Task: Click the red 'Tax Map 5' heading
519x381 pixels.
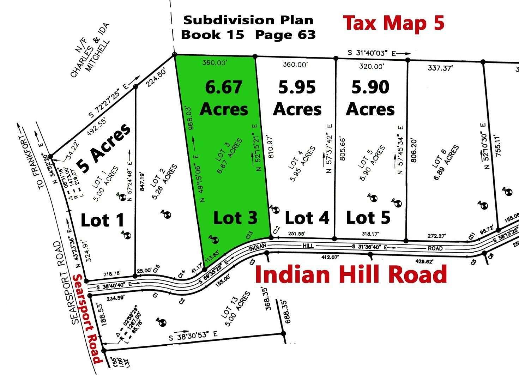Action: click(394, 23)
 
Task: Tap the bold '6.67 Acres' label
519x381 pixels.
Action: click(224, 98)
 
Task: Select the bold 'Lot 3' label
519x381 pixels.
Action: click(235, 218)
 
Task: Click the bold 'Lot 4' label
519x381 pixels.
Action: click(307, 218)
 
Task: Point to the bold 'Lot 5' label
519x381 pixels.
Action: click(368, 218)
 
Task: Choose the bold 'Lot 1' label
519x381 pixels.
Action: click(103, 220)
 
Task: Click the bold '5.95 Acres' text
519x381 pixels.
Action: click(297, 98)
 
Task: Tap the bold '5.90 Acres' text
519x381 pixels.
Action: click(370, 98)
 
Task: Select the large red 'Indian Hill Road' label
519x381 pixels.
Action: click(351, 275)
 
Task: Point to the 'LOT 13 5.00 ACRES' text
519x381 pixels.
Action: click(235, 309)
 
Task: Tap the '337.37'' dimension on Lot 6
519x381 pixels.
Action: click(440, 68)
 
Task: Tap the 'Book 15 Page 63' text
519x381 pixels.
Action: click(248, 35)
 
